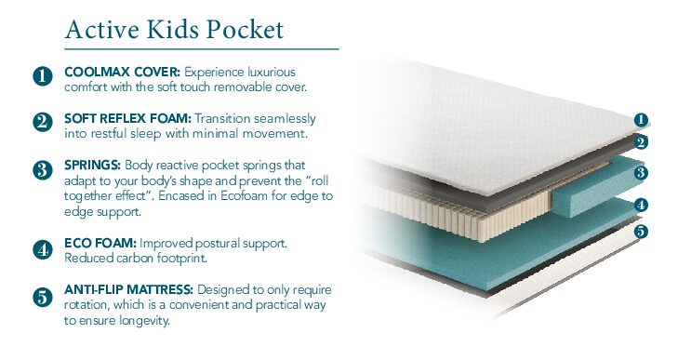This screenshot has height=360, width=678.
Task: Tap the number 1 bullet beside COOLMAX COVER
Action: click(x=42, y=77)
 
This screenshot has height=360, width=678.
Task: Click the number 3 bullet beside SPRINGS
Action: click(x=42, y=169)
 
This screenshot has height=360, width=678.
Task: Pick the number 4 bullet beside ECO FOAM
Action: click(x=42, y=249)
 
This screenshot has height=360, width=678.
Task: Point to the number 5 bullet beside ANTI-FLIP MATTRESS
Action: click(x=42, y=298)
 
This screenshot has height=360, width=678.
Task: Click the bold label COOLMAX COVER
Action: click(x=122, y=72)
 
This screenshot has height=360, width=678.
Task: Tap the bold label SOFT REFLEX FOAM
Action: click(x=128, y=119)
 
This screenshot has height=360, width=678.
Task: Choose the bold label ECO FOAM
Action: click(x=98, y=243)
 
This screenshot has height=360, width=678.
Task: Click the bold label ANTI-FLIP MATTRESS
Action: click(x=137, y=290)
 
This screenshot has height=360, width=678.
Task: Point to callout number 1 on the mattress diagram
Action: click(x=641, y=119)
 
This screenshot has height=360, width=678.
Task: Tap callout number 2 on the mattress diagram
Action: click(x=641, y=142)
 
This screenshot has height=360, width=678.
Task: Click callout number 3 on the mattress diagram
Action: click(x=641, y=173)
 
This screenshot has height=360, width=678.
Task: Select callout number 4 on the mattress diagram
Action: click(x=641, y=206)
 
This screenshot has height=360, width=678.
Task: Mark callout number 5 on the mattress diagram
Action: click(x=641, y=231)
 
